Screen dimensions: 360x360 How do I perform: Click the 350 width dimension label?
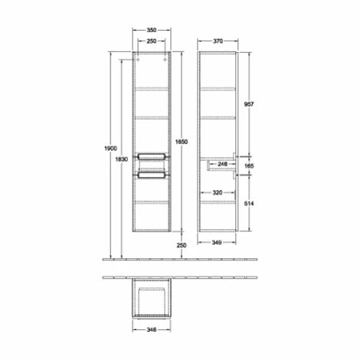tap(152, 30)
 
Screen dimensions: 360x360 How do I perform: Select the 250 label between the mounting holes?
tap(152, 41)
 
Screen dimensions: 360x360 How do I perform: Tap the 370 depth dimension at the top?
tap(218, 41)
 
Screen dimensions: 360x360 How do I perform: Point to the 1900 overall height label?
tap(110, 149)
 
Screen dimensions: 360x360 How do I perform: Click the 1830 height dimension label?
tap(122, 159)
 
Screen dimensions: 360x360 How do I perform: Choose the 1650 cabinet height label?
tap(182, 142)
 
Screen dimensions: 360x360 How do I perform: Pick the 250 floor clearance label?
tap(182, 245)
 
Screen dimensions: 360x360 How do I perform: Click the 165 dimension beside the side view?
tap(249, 166)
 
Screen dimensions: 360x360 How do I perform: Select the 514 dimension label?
tap(249, 204)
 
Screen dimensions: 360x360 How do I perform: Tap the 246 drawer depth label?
tap(222, 164)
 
